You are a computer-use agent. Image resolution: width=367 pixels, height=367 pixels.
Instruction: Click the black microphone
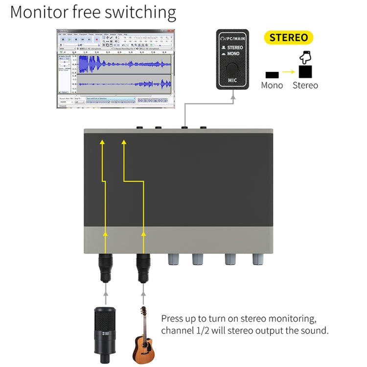point(104,330)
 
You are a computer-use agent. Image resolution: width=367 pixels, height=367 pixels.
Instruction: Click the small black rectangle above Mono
point(272,75)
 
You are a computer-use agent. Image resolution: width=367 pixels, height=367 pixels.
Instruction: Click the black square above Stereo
point(305,72)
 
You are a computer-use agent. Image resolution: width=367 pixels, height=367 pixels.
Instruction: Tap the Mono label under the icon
point(272,86)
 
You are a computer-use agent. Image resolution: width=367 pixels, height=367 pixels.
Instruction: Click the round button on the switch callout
point(232,68)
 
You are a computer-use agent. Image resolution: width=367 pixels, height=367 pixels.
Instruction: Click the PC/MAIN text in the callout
point(235,38)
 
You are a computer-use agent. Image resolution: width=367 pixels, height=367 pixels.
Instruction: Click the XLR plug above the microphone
point(105,268)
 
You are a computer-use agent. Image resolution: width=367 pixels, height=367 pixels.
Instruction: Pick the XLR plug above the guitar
point(143,268)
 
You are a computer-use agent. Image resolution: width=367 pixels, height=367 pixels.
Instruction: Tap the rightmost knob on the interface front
point(258,258)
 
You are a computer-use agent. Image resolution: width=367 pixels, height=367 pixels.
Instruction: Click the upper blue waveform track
point(124,64)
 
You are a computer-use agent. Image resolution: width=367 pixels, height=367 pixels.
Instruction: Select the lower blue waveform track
point(124,83)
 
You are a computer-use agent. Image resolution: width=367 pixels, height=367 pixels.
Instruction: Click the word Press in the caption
point(172,318)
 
